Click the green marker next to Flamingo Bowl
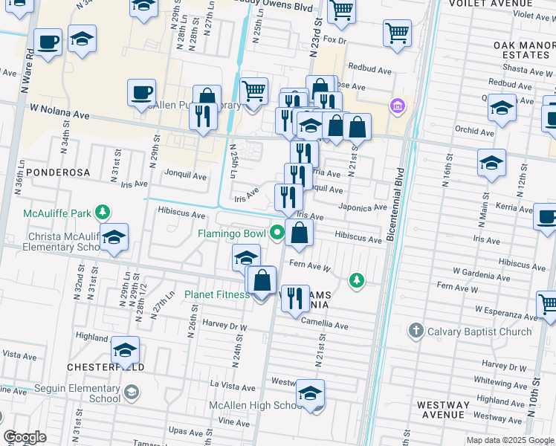click(x=277, y=233)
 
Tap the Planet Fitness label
click(x=217, y=294)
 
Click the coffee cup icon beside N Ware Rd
click(x=48, y=42)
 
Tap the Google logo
click(x=25, y=437)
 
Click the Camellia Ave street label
click(x=325, y=326)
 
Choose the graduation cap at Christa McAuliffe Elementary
click(x=114, y=239)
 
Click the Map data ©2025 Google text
click(x=509, y=440)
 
